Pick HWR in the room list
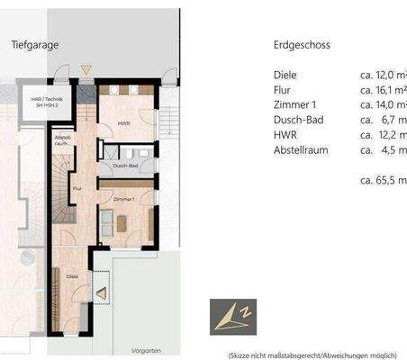285,133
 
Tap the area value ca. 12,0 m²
383,76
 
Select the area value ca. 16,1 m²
383,90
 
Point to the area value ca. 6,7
383,119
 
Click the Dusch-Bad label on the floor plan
125,166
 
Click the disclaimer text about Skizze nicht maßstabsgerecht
312,355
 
